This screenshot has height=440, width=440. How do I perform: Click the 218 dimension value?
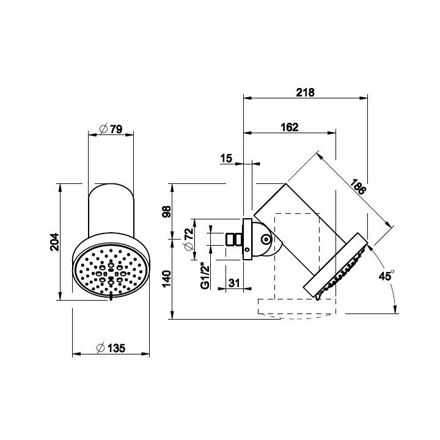[306, 92]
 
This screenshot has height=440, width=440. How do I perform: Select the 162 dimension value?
[290, 127]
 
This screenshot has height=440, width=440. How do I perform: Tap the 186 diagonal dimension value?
[358, 186]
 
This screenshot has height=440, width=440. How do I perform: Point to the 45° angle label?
[386, 276]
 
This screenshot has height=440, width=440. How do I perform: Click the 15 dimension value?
[226, 158]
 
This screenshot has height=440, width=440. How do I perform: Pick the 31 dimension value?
[234, 283]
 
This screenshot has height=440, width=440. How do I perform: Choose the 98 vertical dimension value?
[167, 211]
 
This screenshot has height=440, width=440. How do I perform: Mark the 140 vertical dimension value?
[167, 279]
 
